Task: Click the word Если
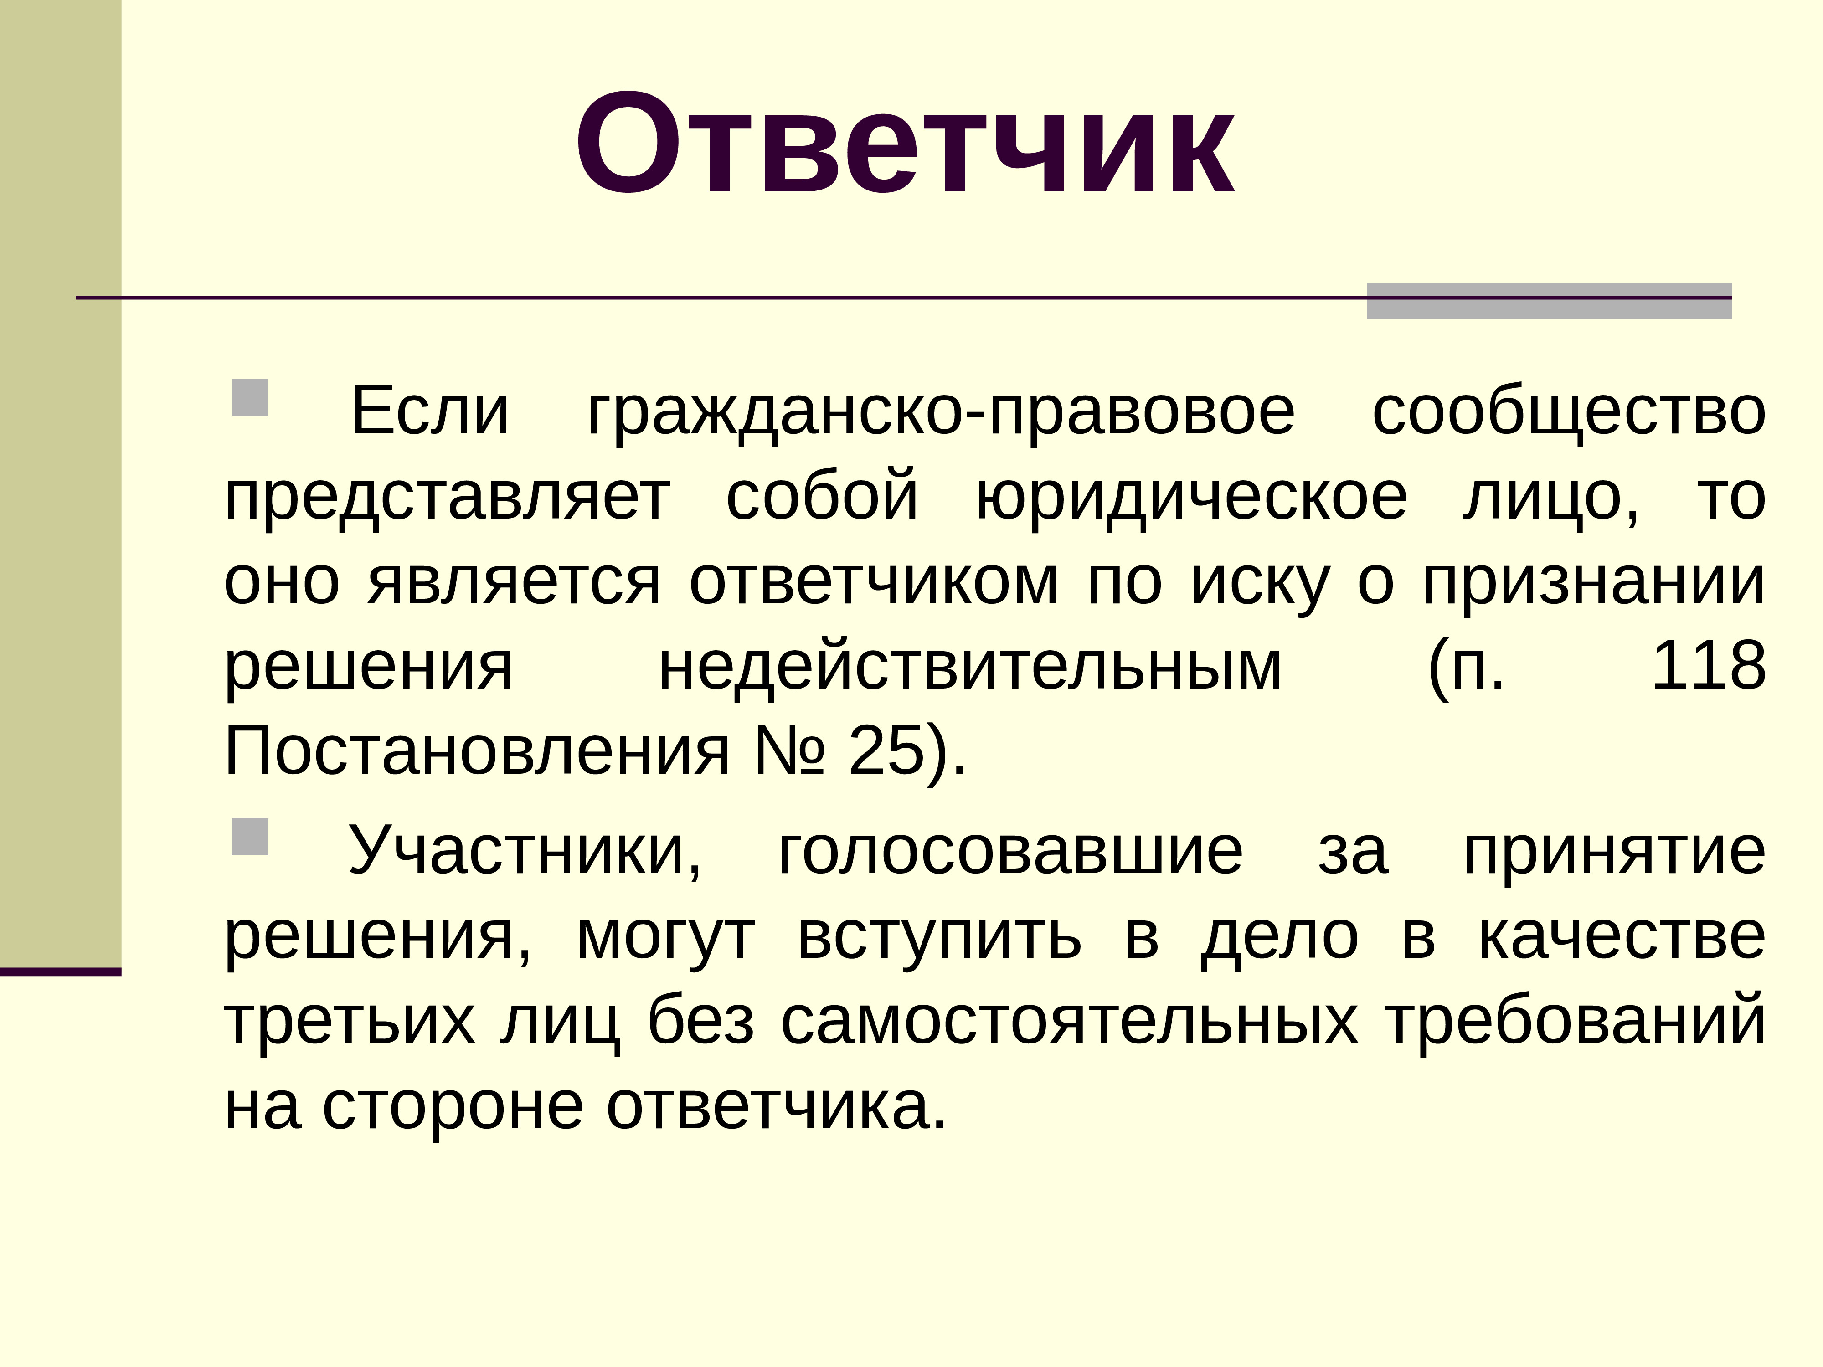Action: coord(429,411)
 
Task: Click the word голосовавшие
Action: coord(1010,850)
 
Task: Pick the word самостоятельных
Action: coord(1070,1022)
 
